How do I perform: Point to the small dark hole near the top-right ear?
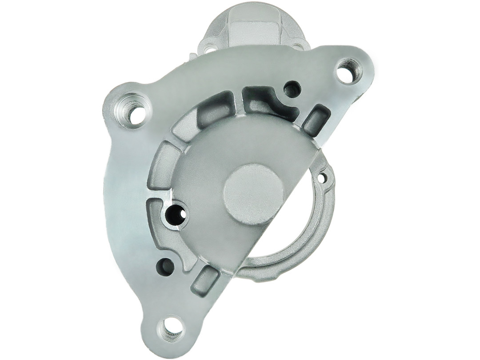point(292,89)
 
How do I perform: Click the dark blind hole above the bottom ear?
point(165,266)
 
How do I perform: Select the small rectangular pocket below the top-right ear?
point(316,119)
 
